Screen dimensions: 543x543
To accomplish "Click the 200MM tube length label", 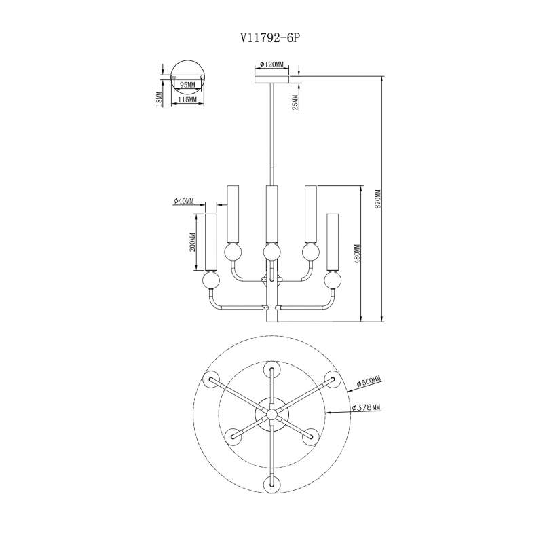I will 193,242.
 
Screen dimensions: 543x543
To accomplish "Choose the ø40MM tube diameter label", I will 184,202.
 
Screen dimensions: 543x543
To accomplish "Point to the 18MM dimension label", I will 159,99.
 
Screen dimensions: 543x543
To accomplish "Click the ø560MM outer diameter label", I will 367,384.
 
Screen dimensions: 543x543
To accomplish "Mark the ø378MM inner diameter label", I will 366,408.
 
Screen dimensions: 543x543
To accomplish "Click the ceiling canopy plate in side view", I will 274,79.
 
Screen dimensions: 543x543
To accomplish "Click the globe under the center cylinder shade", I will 271,252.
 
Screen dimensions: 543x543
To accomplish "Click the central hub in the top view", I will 271,413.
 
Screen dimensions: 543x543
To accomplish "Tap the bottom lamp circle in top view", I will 271,483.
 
